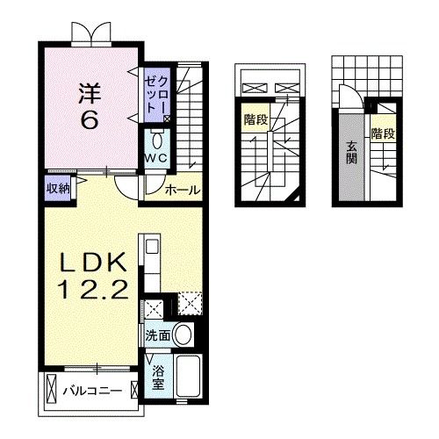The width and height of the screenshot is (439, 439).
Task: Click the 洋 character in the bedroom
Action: (87, 90)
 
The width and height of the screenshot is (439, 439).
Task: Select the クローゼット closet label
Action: (157, 93)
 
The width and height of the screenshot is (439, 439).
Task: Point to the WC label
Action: (156, 157)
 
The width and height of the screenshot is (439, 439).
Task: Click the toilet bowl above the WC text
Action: (157, 140)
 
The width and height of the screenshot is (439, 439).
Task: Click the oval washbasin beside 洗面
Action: (184, 335)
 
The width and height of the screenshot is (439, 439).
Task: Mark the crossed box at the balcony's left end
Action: (51, 387)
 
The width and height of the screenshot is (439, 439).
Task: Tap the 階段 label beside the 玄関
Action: (381, 134)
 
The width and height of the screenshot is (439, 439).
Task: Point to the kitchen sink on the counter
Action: (150, 247)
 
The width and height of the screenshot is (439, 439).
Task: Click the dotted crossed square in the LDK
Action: (190, 306)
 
